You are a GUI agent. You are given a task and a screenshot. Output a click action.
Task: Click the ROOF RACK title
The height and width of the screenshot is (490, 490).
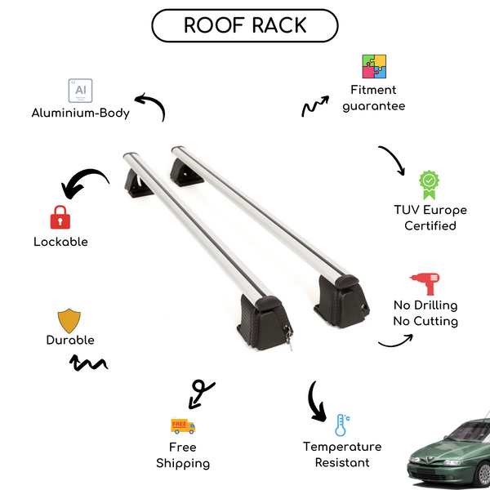click(244, 25)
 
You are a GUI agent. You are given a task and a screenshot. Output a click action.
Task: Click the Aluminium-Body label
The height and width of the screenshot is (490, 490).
click(80, 114)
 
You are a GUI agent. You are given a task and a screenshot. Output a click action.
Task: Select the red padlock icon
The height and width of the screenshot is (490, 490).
click(59, 217)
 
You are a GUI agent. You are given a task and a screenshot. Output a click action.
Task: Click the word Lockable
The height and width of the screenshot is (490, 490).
click(60, 242)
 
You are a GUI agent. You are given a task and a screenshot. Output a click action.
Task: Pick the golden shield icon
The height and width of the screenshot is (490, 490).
click(69, 319)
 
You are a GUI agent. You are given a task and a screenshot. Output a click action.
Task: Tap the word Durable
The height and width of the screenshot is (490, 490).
click(69, 340)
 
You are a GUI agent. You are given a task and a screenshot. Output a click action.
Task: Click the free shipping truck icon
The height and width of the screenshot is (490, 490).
click(183, 425)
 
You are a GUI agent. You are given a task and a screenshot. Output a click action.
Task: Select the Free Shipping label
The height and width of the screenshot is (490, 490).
click(183, 455)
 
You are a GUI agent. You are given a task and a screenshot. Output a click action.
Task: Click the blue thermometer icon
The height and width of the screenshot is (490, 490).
click(341, 425)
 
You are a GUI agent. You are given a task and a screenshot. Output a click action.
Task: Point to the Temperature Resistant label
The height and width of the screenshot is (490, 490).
click(342, 455)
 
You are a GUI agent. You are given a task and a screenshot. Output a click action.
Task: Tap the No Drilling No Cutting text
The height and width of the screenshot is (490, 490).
click(425, 313)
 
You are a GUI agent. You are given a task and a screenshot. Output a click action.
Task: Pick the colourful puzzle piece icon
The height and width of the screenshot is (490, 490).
click(374, 67)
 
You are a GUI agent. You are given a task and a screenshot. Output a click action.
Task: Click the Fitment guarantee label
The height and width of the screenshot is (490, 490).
click(374, 98)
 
